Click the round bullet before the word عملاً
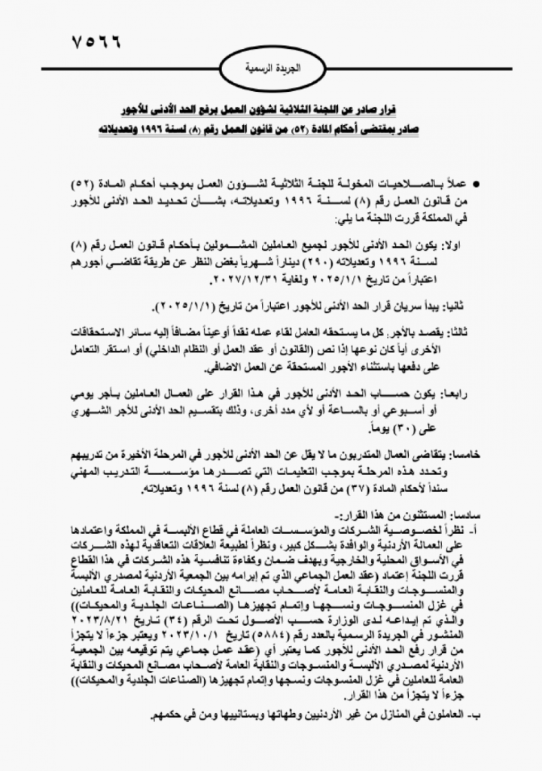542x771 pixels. pos(476,184)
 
